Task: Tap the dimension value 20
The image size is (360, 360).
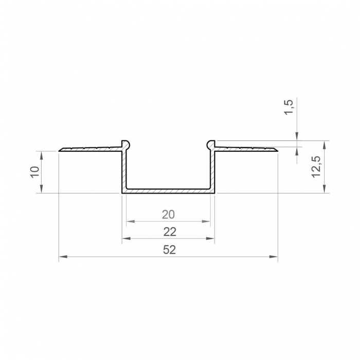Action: tap(168, 214)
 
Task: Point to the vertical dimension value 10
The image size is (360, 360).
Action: tap(34, 172)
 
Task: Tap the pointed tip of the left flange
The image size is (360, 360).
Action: tap(60, 150)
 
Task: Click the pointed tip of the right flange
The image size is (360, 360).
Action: tap(277, 150)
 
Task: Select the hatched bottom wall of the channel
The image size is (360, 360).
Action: tap(168, 191)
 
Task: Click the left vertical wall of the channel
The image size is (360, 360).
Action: tap(124, 170)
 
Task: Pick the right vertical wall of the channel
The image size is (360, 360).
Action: tap(212, 170)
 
